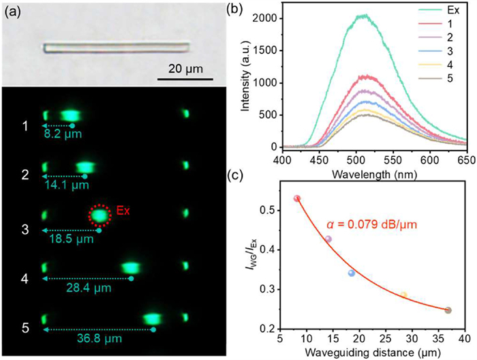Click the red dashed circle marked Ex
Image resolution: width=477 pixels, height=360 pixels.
point(99,215)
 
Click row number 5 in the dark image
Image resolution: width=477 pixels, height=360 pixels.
point(25,329)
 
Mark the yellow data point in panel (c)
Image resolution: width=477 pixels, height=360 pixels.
point(403,295)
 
